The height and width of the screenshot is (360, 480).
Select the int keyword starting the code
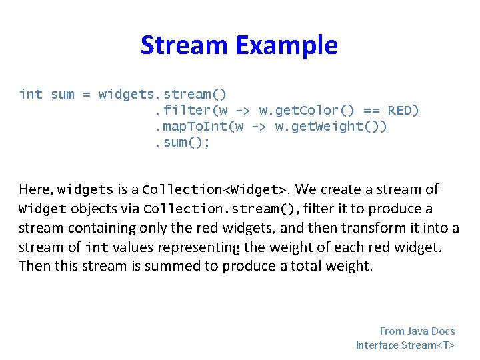31,94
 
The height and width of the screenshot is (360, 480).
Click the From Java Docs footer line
417,331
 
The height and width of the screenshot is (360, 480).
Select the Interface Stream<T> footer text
405,345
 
